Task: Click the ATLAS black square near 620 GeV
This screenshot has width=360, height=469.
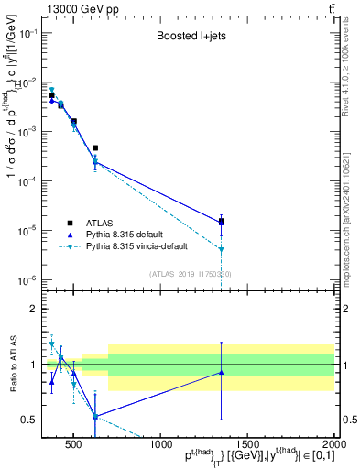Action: [95, 147]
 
